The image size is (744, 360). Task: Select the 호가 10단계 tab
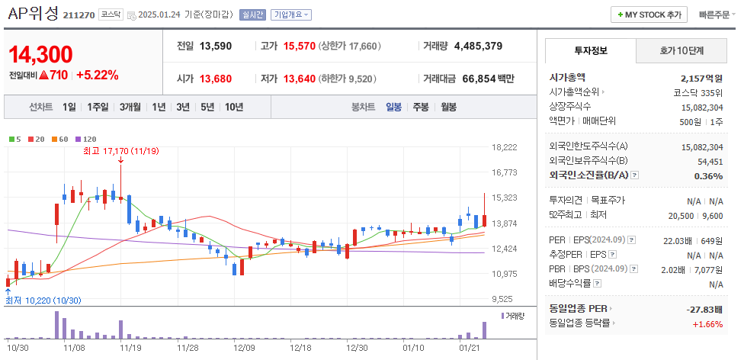click(x=681, y=50)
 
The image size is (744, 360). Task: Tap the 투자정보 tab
click(x=590, y=50)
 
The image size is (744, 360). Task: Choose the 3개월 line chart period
click(x=130, y=107)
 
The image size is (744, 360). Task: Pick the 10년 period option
click(x=233, y=107)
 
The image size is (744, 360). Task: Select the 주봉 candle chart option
click(x=421, y=107)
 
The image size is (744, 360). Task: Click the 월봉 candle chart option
click(x=448, y=107)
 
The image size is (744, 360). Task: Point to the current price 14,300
click(x=41, y=54)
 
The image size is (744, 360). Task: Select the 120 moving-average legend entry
click(x=86, y=139)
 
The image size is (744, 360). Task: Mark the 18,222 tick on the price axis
click(x=505, y=147)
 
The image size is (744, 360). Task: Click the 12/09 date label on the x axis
click(x=244, y=348)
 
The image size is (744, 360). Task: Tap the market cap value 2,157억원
click(x=701, y=78)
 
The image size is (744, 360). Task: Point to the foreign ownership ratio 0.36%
click(x=708, y=175)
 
